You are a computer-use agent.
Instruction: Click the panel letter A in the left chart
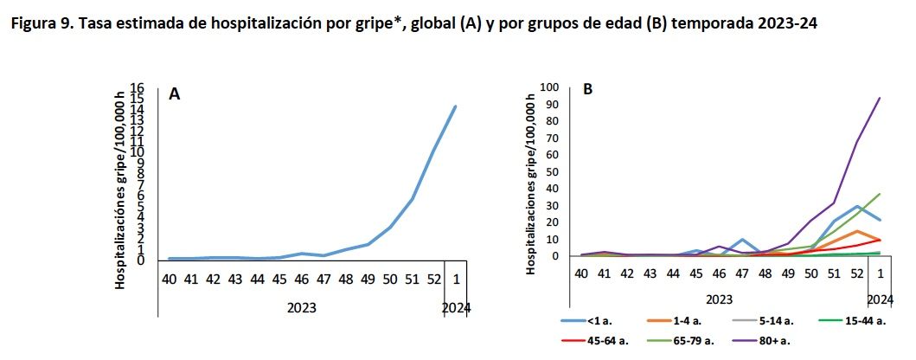coord(174,95)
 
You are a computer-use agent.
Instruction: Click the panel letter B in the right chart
coord(588,89)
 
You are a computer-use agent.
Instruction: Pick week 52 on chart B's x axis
coord(857,273)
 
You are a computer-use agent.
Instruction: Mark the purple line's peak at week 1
coord(880,98)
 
